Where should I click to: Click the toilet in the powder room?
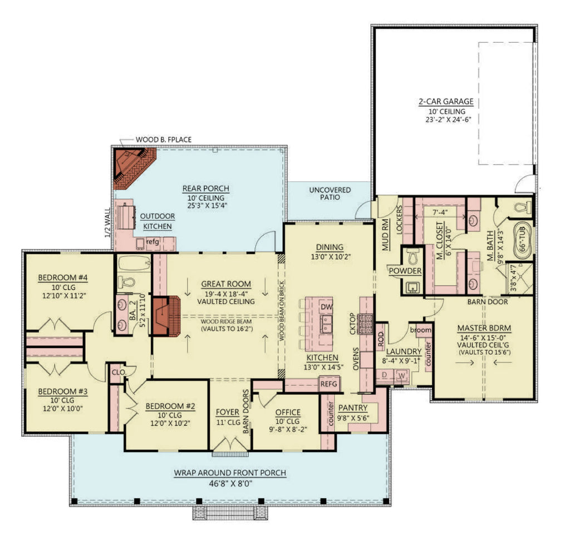412,257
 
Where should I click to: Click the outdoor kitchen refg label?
153,242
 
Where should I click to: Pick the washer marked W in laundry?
401,376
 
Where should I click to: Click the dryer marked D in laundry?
384,376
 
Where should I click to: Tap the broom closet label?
421,330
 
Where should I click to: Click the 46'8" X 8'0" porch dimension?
229,484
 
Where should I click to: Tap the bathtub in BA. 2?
131,263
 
